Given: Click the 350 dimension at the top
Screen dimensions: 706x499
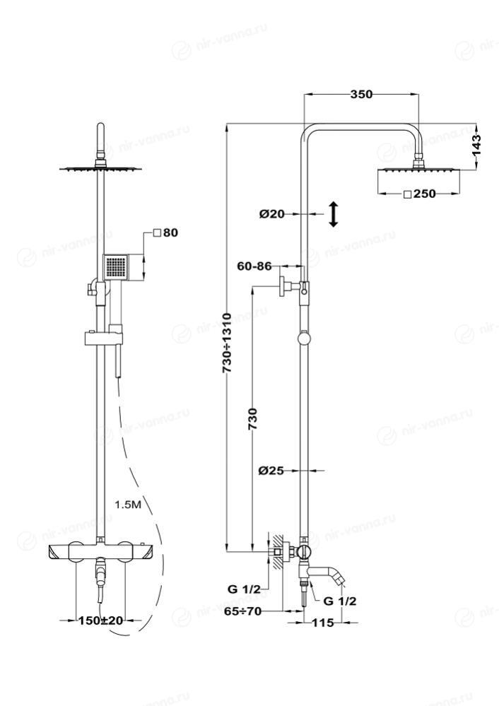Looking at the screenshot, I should (361, 94).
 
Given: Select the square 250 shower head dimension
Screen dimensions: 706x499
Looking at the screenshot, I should (421, 193).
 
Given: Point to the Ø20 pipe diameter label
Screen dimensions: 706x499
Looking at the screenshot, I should (271, 214).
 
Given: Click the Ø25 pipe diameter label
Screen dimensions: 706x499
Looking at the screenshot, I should (271, 471).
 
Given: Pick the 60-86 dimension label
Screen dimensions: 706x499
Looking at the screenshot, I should (254, 266).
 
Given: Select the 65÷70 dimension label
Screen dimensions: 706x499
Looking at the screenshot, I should (244, 611).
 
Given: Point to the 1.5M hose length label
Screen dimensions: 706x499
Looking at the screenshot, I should (129, 505).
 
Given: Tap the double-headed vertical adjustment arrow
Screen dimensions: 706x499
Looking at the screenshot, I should (333, 213).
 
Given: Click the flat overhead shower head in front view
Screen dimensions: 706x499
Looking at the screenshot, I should (101, 168).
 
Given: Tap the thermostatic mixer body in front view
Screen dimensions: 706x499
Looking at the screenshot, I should (100, 551).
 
